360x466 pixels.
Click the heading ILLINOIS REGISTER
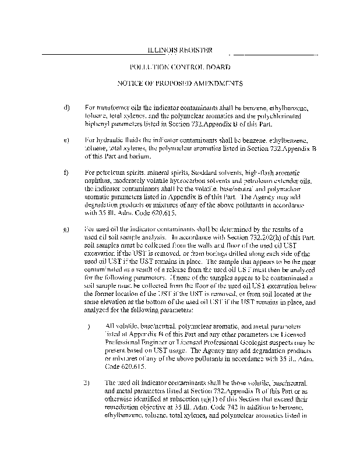[179, 50]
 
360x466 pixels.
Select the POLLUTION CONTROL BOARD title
[179, 68]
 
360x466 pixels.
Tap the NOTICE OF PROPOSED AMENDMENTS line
[179, 84]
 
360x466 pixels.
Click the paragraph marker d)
[66, 108]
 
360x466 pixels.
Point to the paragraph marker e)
[66, 140]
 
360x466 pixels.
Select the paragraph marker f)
[66, 173]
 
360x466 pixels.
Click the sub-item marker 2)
[86, 382]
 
